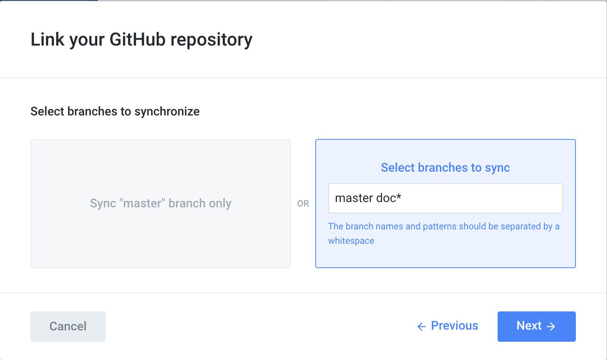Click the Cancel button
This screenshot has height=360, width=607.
coord(68,326)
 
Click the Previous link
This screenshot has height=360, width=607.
coord(454,326)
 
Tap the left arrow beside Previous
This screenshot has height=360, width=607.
coord(421,327)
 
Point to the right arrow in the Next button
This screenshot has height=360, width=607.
coord(551,327)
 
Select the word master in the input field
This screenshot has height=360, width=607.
coord(354,198)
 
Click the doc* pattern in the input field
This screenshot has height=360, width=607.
coord(389,198)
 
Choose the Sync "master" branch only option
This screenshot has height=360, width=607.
coord(160,204)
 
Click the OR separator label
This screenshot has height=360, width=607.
coord(303,204)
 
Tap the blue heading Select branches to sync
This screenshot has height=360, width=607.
coord(445,167)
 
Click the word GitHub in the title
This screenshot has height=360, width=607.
coord(137,39)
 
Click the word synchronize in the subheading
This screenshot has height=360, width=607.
coord(167,112)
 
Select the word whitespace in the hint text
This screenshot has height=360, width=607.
coord(351,241)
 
